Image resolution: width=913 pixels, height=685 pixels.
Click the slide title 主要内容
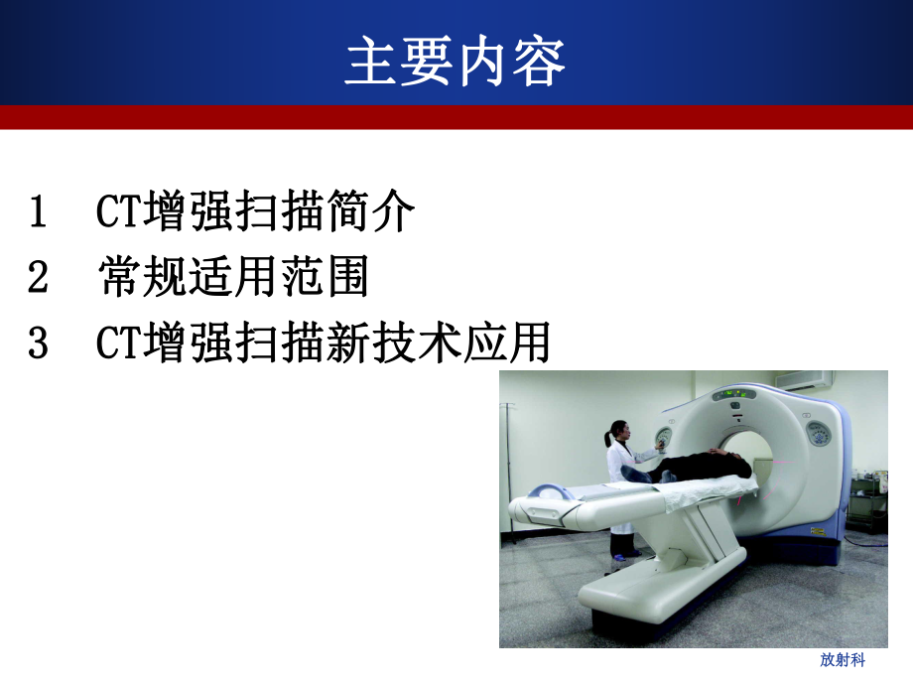(x=456, y=62)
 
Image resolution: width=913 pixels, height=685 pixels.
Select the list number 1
(x=39, y=212)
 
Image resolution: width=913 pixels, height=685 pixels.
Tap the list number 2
(x=39, y=279)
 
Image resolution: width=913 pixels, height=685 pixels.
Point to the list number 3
(x=39, y=344)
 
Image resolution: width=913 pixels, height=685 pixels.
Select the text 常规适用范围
(x=234, y=279)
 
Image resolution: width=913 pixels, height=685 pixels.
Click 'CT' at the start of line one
(x=119, y=212)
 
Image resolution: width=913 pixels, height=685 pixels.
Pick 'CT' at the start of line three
(x=119, y=344)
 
